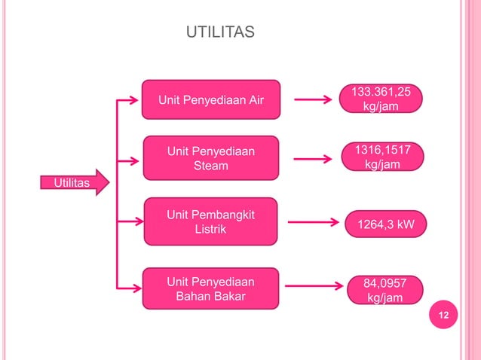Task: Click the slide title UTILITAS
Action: [220, 32]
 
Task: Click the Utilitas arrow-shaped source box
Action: [69, 183]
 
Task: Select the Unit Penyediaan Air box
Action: [211, 100]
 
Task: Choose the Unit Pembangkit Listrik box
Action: [210, 221]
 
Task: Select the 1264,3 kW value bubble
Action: [385, 223]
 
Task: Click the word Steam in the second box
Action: [211, 166]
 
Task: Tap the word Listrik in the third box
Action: [210, 229]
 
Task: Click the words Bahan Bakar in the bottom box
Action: [210, 297]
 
